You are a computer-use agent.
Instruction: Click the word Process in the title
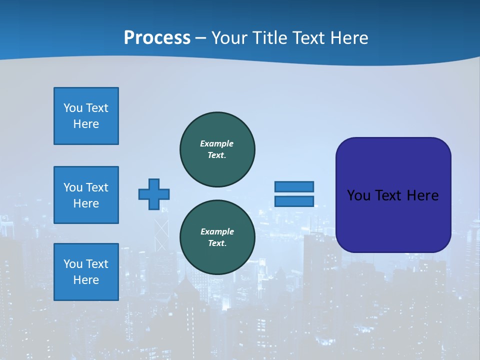pos(157,38)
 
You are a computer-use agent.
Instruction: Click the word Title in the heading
pos(269,38)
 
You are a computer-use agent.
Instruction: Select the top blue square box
pos(86,116)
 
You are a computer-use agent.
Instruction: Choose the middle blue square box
pos(86,195)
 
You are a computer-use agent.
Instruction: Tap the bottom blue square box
pos(86,272)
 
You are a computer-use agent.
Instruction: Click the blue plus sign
pos(154,194)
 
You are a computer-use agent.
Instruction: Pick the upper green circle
pos(217,149)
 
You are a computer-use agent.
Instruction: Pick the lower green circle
pos(217,237)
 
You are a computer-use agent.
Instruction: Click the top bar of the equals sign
pos(294,186)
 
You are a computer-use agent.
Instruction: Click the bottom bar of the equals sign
pos(294,201)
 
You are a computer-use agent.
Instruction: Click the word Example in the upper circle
pos(217,143)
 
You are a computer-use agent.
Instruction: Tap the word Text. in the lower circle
pos(217,243)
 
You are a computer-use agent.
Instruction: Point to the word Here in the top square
pos(86,124)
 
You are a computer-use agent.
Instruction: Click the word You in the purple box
pos(358,195)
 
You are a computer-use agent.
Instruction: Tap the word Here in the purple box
pos(423,195)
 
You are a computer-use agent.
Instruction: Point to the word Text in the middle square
pos(97,187)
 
